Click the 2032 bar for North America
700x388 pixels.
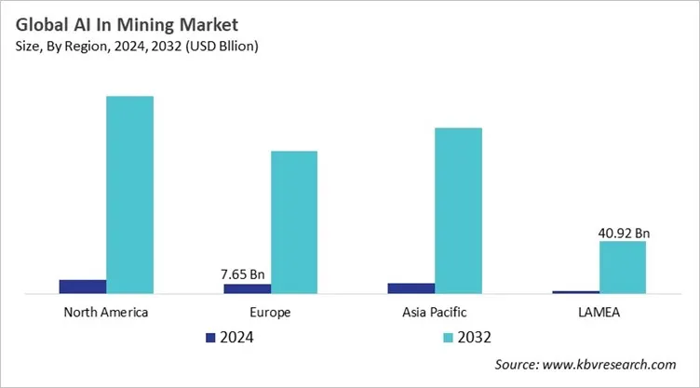(129, 194)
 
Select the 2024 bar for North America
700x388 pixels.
(83, 287)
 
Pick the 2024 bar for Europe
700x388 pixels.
(248, 288)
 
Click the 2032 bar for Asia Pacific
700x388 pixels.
(458, 210)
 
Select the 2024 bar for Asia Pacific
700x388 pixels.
(411, 288)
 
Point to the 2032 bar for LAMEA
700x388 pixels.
(622, 267)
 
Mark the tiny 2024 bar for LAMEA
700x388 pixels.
(575, 292)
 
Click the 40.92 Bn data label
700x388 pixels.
(622, 233)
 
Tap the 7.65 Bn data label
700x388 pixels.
(244, 274)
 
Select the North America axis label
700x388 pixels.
(105, 312)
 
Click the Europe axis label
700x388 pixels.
(270, 312)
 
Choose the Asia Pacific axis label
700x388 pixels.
(435, 312)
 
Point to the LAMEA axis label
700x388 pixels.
(599, 312)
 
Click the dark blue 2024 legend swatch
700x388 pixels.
(210, 337)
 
